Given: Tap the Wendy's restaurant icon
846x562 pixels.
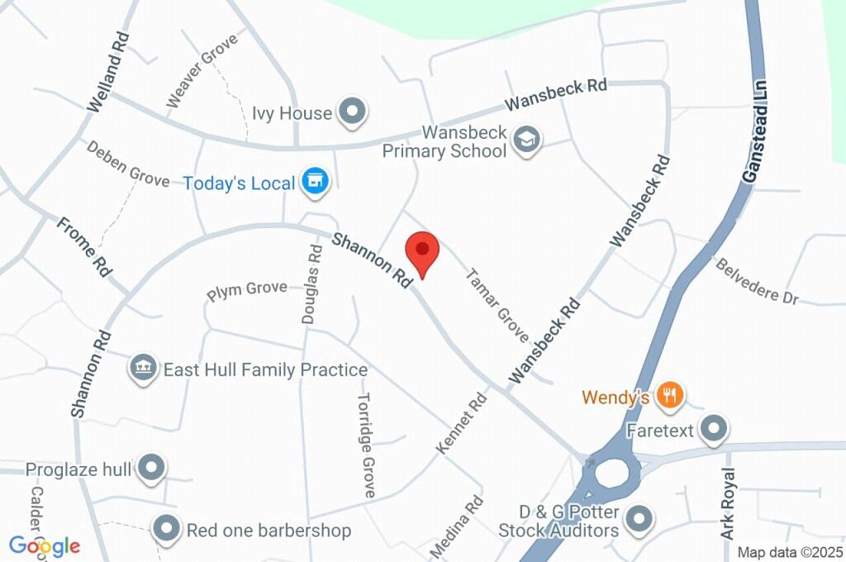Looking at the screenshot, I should pos(669,397).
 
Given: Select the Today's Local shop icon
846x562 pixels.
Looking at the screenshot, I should pos(314,182).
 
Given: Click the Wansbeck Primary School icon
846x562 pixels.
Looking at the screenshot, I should pos(525,140).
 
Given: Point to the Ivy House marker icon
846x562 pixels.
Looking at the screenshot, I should pos(353,112).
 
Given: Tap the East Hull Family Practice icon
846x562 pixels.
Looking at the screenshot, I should pos(144,369).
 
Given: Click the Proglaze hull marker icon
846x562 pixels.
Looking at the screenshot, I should pos(151,469).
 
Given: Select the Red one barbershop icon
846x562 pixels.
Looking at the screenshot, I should pos(168,529).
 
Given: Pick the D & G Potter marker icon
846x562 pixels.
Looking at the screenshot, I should pos(637,519).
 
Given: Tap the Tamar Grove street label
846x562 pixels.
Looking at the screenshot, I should pos(497,305).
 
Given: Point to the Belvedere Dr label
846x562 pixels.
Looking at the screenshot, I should pos(757,282).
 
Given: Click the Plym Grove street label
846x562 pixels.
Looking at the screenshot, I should pos(247,290).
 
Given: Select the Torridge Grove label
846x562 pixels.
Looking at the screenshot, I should pos(366,445).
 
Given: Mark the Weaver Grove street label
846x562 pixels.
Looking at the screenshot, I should pos(202,70).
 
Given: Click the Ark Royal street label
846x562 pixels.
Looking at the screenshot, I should pos(728,504).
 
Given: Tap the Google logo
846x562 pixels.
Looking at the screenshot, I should pos(45,545).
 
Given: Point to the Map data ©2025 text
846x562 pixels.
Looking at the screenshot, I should pos(789,552).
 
